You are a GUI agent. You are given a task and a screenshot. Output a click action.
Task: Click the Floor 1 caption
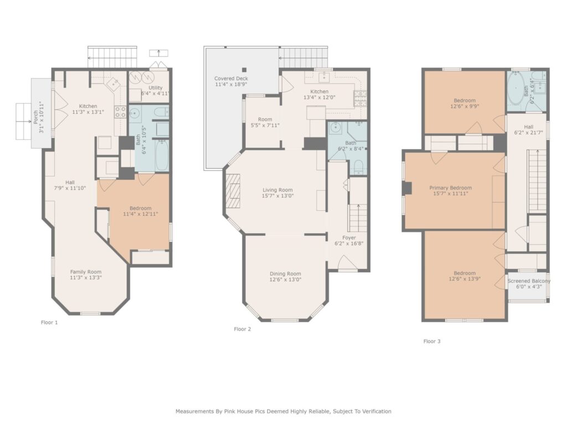49,322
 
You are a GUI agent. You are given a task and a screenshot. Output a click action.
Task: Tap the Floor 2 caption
243,329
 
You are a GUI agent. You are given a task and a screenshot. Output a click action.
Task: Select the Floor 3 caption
432,341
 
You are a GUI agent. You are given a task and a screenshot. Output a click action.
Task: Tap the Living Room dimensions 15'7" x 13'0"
278,196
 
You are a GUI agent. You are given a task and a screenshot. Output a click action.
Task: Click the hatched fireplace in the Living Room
233,191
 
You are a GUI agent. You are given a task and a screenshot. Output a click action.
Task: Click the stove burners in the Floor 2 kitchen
360,99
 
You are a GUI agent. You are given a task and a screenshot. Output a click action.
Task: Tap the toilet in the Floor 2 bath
358,168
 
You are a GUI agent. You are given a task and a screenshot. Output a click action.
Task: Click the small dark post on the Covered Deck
244,70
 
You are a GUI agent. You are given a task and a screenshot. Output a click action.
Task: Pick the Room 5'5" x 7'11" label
265,123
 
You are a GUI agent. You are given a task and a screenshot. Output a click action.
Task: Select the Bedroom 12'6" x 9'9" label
465,103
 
